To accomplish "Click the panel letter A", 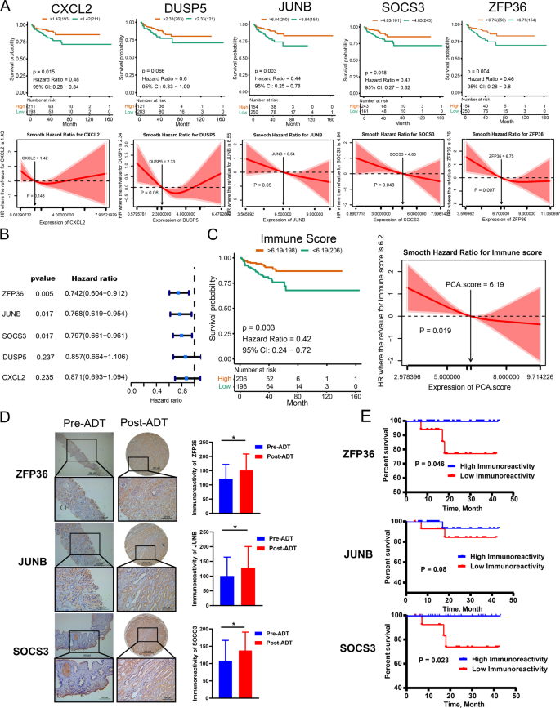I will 7,7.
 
